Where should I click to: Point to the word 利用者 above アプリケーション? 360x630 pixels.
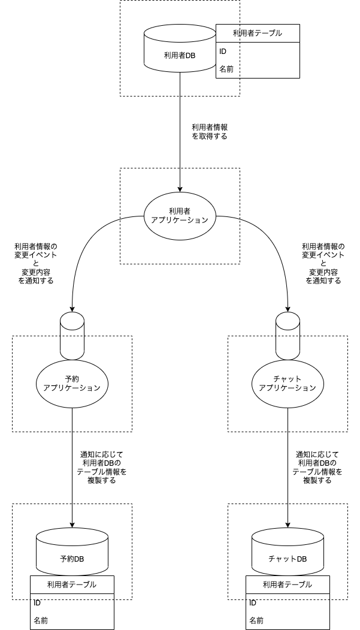[180, 211]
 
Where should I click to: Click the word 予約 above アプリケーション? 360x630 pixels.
[72, 379]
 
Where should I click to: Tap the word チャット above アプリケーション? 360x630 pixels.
[288, 379]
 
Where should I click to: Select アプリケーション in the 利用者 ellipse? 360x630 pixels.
[180, 220]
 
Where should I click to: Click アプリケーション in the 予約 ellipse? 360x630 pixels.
[72, 388]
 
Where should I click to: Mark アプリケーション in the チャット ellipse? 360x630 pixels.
[288, 388]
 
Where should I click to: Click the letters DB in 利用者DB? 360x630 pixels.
[190, 56]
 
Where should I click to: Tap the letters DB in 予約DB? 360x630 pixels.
[79, 559]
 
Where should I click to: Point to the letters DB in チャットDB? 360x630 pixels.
[301, 559]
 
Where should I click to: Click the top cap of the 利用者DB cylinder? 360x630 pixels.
[180, 33]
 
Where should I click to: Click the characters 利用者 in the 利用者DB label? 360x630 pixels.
[174, 56]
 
